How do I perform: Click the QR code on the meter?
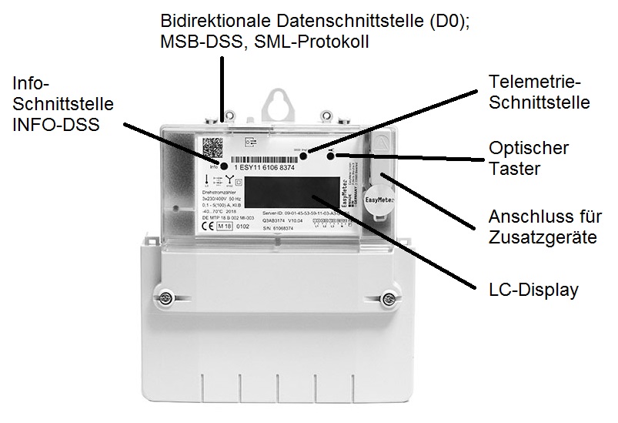[212, 147]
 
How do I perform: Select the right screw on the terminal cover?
[386, 296]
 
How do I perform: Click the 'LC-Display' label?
[534, 289]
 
